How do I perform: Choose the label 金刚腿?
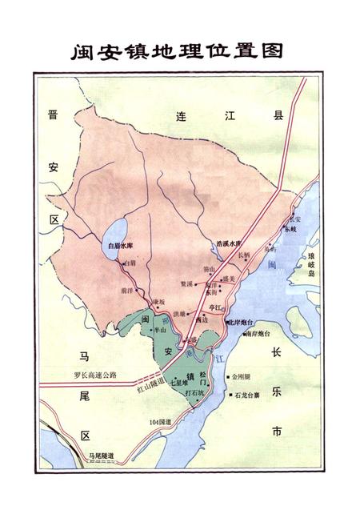[242, 375]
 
